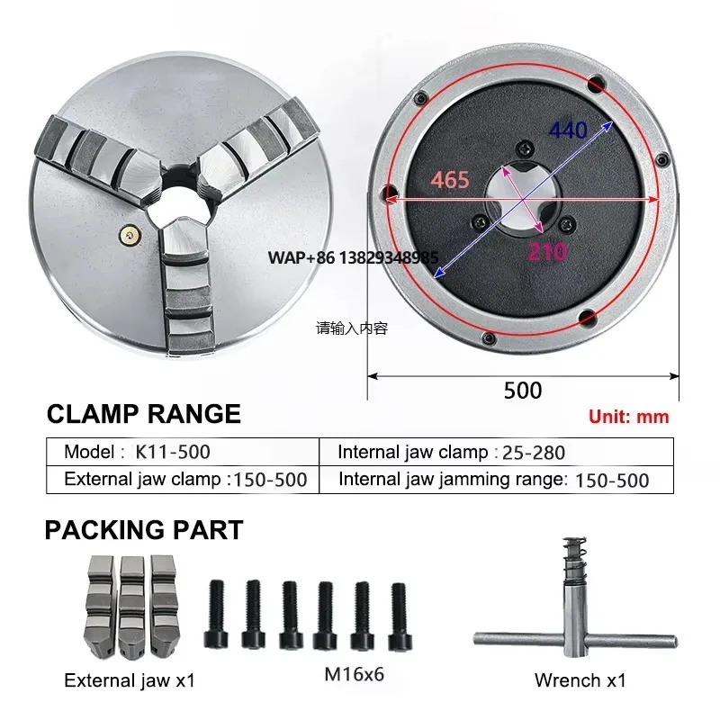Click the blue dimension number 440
click(x=568, y=131)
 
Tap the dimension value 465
click(x=450, y=180)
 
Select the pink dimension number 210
click(x=546, y=251)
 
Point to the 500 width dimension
click(x=523, y=390)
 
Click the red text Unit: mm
click(x=629, y=417)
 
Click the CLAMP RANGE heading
click(x=143, y=414)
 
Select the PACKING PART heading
click(x=144, y=530)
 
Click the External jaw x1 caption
click(x=130, y=680)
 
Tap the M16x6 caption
click(x=354, y=672)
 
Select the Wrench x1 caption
click(x=580, y=679)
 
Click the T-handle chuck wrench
click(x=574, y=630)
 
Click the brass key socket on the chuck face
click(x=131, y=235)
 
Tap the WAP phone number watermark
click(x=353, y=257)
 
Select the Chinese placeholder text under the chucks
click(x=351, y=328)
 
